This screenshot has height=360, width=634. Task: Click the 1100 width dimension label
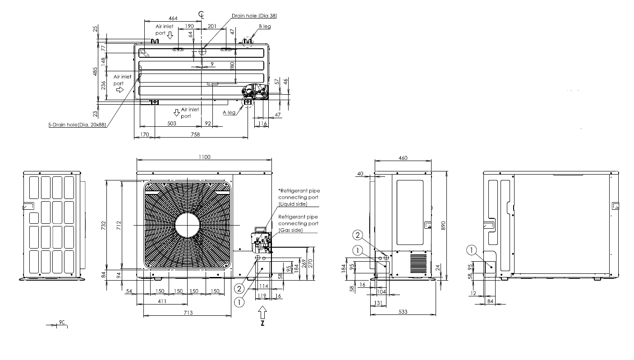pyautogui.click(x=204, y=157)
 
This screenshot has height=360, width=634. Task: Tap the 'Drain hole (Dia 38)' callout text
pyautogui.click(x=254, y=16)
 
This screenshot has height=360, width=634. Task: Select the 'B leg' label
pyautogui.click(x=265, y=26)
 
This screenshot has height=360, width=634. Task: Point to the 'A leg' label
pyautogui.click(x=229, y=112)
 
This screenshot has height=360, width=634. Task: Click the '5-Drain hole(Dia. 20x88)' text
pyautogui.click(x=77, y=125)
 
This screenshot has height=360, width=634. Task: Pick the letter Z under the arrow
pyautogui.click(x=262, y=323)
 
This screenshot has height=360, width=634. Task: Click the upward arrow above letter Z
pyautogui.click(x=262, y=313)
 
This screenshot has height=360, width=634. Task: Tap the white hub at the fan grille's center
pyautogui.click(x=188, y=225)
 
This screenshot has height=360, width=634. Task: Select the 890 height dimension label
pyautogui.click(x=443, y=226)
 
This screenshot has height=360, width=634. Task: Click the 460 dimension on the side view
pyautogui.click(x=403, y=158)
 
